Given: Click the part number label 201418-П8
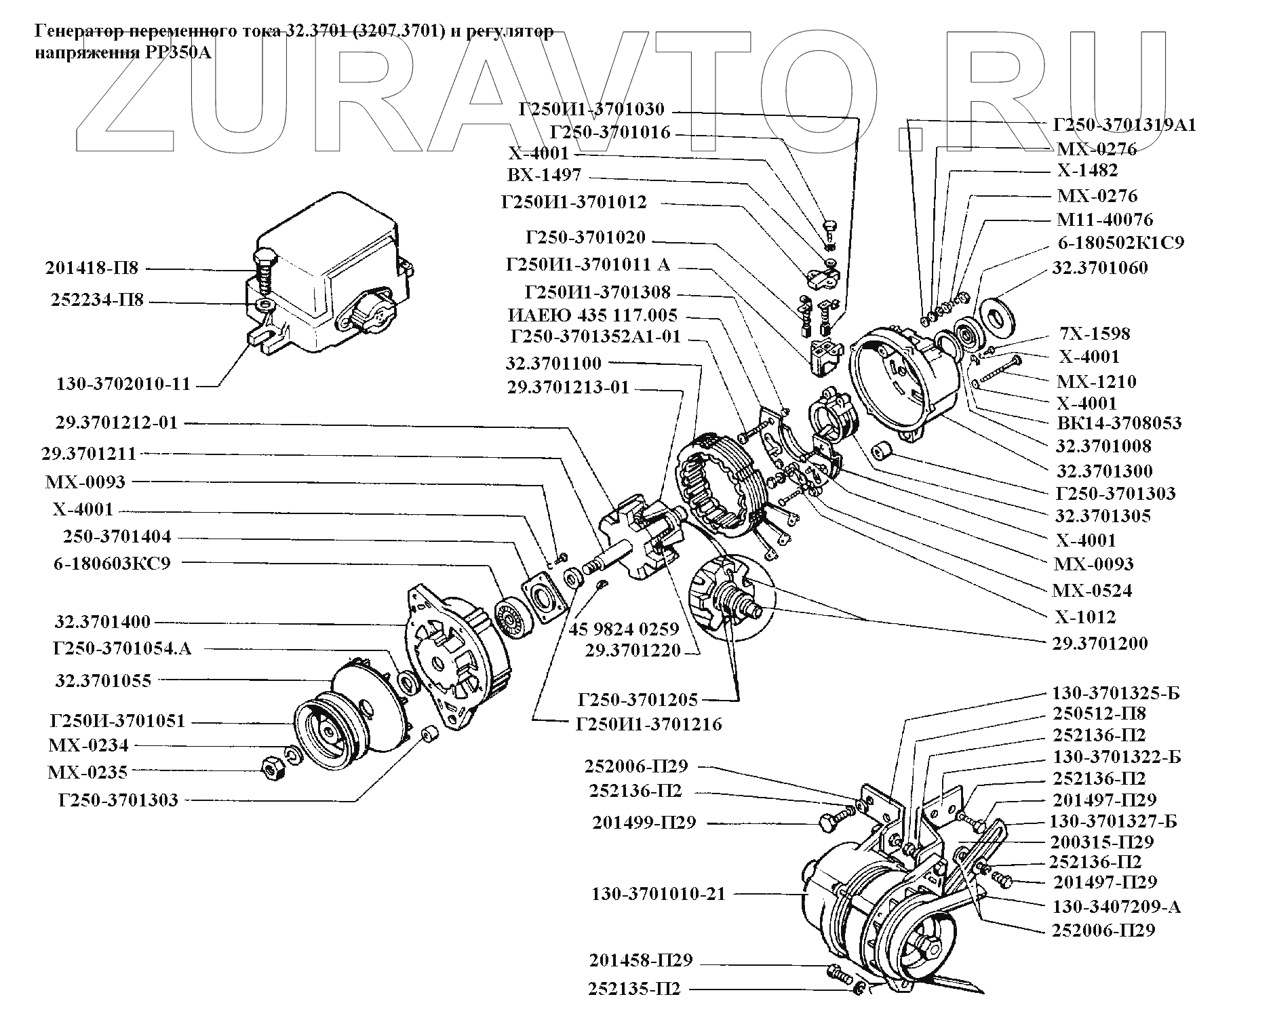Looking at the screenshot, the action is (92, 268).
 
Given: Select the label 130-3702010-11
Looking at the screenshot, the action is (123, 385).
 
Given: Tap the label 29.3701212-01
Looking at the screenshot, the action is (119, 423).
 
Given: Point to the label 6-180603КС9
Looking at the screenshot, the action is (112, 563).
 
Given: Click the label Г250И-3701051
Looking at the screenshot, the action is (117, 720).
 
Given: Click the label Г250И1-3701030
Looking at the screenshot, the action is (591, 109).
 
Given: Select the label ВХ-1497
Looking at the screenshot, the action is (544, 174).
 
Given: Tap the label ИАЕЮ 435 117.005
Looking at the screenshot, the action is (593, 315).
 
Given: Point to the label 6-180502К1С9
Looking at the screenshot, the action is (1121, 242).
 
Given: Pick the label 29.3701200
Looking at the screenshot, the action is (1100, 643).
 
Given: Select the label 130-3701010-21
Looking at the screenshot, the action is (659, 894).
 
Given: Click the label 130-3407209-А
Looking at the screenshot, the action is (1116, 907).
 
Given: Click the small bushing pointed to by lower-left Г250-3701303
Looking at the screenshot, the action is (427, 735).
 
